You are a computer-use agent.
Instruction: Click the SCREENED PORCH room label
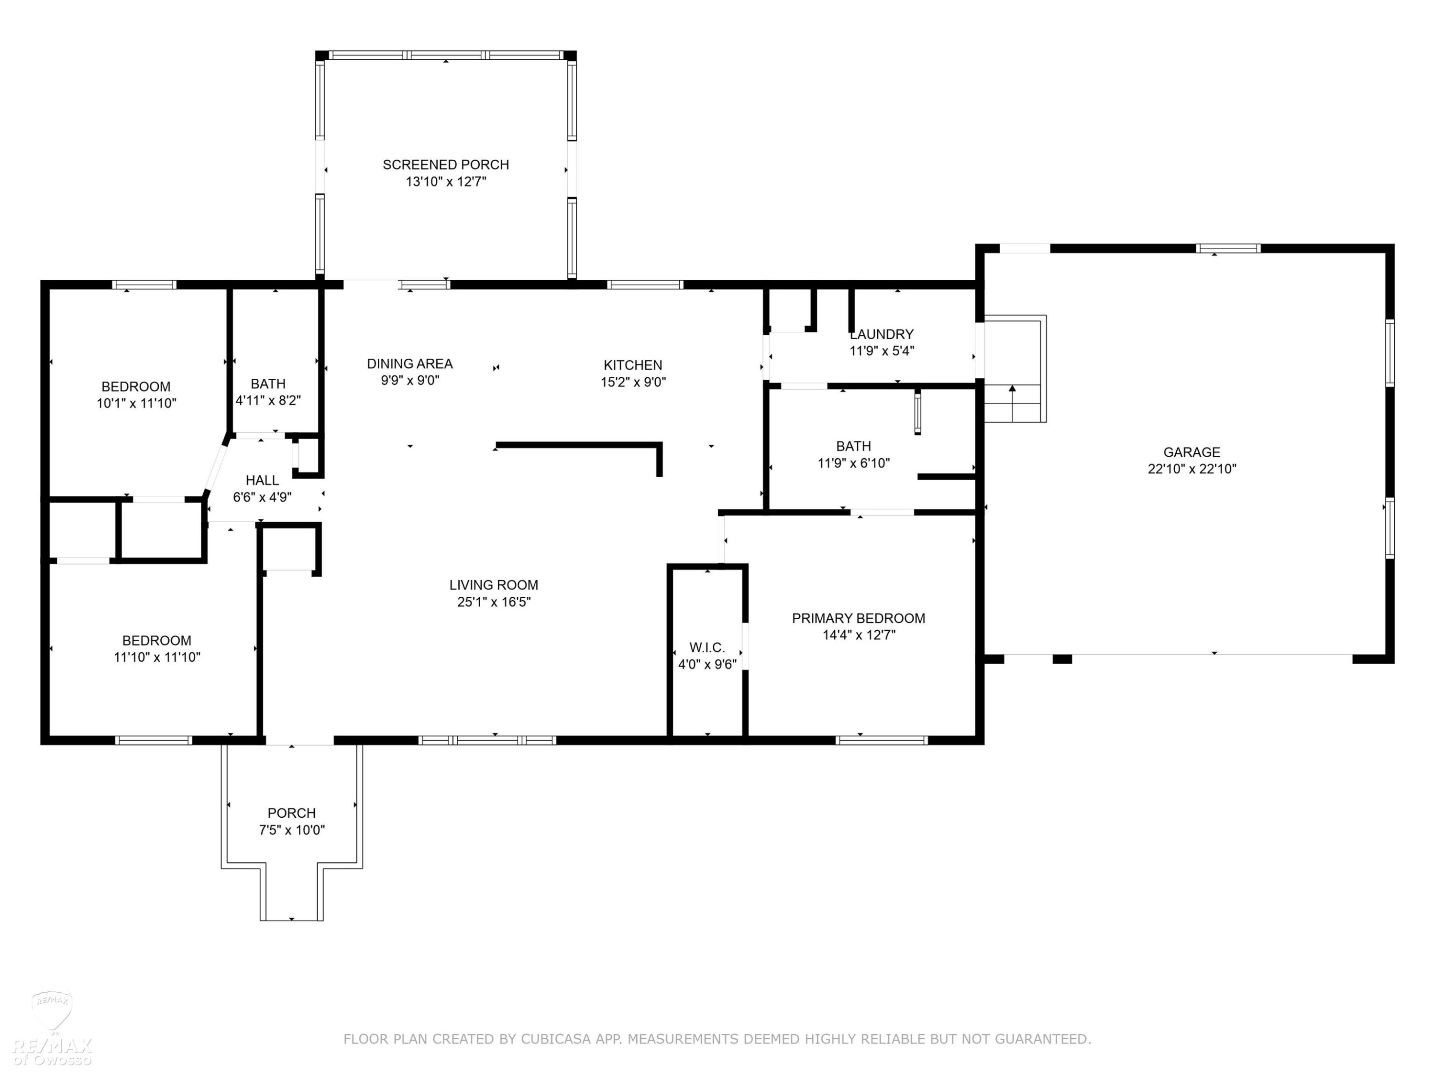pyautogui.click(x=446, y=165)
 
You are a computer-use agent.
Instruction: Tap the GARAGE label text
pyautogui.click(x=1192, y=452)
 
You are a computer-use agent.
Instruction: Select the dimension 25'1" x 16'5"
pyautogui.click(x=494, y=602)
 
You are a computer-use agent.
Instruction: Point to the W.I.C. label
pyautogui.click(x=707, y=648)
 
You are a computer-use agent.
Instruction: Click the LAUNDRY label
pyautogui.click(x=882, y=334)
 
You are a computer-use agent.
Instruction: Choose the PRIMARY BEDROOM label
pyautogui.click(x=858, y=618)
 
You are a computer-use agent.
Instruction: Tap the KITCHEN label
pyautogui.click(x=632, y=365)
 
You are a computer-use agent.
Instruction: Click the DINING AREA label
pyautogui.click(x=410, y=364)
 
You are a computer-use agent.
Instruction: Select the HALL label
pyautogui.click(x=262, y=481)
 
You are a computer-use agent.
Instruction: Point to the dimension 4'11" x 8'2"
pyautogui.click(x=268, y=401)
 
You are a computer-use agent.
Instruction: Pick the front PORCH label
pyautogui.click(x=292, y=812)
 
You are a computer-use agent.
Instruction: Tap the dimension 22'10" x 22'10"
pyautogui.click(x=1192, y=469)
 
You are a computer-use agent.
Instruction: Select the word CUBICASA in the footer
pyautogui.click(x=556, y=1039)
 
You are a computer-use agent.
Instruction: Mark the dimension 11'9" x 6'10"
pyautogui.click(x=854, y=463)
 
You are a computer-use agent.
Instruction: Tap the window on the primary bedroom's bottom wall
pyautogui.click(x=882, y=740)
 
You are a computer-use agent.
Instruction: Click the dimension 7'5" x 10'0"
pyautogui.click(x=292, y=830)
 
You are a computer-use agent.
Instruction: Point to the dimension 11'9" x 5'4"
pyautogui.click(x=882, y=351)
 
